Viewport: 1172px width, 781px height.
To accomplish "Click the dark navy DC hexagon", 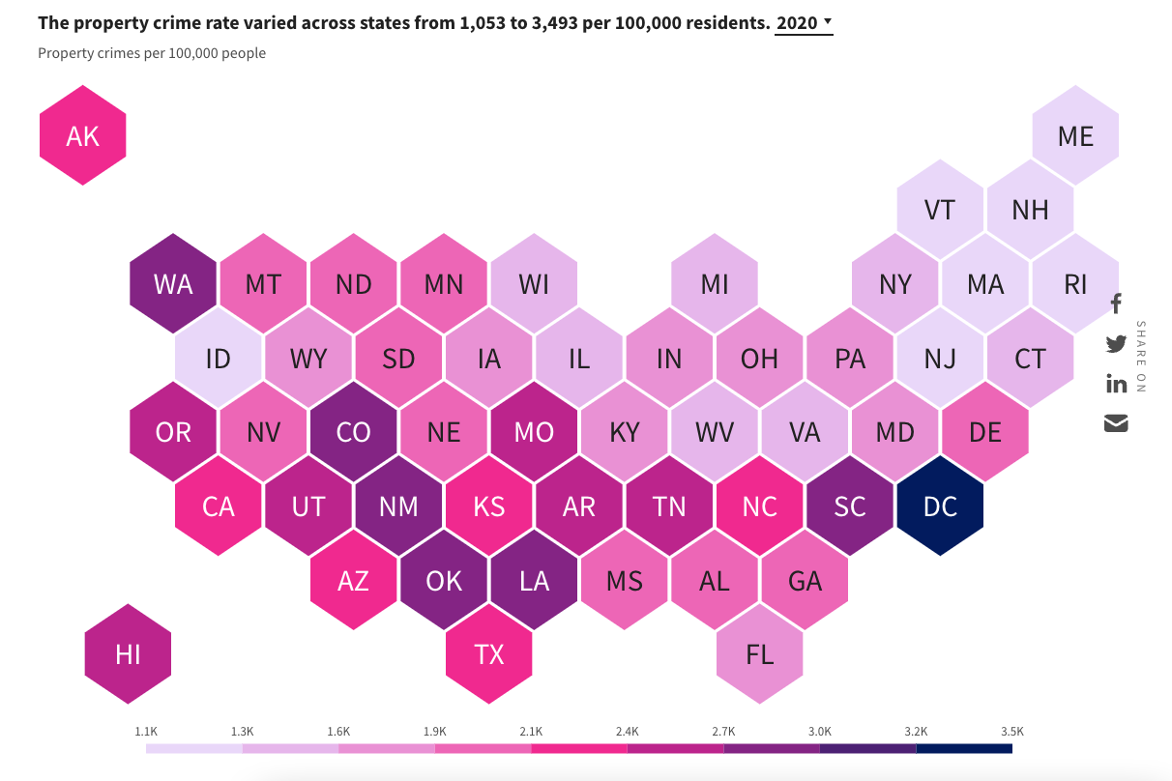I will pyautogui.click(x=940, y=506).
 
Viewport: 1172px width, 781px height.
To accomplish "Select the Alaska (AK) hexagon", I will pyautogui.click(x=82, y=136).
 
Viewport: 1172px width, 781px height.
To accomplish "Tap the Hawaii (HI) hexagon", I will pyautogui.click(x=128, y=654).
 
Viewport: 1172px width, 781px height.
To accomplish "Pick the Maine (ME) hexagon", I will pyautogui.click(x=1075, y=136).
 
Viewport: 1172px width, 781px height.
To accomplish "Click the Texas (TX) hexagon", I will pyautogui.click(x=489, y=654).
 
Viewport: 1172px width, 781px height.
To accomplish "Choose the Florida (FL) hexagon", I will pyautogui.click(x=760, y=654).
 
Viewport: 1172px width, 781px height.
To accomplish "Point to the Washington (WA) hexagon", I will pyautogui.click(x=173, y=284).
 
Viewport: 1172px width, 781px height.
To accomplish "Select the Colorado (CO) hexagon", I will pyautogui.click(x=354, y=432).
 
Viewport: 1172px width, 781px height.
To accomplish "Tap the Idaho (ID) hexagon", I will pyautogui.click(x=219, y=359).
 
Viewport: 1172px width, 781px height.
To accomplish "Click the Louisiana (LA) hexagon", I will pyautogui.click(x=534, y=580).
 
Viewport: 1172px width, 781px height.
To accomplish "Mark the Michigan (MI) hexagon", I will pyautogui.click(x=715, y=284).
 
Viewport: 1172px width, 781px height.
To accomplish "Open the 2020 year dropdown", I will pyautogui.click(x=804, y=22).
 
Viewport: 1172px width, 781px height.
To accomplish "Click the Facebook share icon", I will pyautogui.click(x=1116, y=304).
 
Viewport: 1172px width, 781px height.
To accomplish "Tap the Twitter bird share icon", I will pyautogui.click(x=1116, y=343).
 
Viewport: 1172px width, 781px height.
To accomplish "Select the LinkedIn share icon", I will pyautogui.click(x=1116, y=384).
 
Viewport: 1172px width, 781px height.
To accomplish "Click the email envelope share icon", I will pyautogui.click(x=1116, y=423).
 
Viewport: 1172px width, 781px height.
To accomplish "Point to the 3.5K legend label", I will pyautogui.click(x=1011, y=732).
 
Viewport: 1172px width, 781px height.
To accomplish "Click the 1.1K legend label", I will pyautogui.click(x=146, y=732).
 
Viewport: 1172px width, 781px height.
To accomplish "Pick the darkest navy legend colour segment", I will pyautogui.click(x=963, y=748).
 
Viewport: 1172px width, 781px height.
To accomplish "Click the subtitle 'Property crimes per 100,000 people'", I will pyautogui.click(x=152, y=53).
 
